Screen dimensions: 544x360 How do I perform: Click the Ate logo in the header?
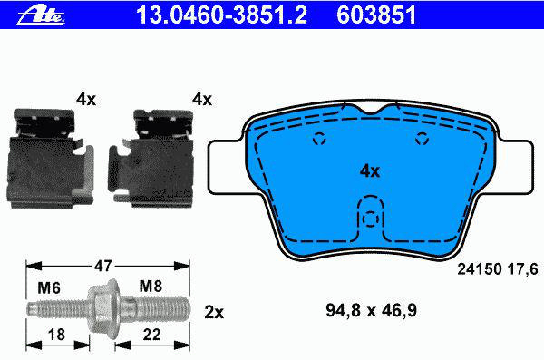point(41,15)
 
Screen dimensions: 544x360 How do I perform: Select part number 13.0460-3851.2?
point(222,15)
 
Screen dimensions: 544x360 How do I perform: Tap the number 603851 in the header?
point(376,15)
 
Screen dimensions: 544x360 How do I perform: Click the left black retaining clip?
point(50,159)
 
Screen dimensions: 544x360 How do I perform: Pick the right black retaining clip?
point(151,159)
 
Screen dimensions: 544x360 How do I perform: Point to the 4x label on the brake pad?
point(370,171)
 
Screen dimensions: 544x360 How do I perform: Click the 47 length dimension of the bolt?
point(103,266)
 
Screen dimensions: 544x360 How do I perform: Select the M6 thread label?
point(49,287)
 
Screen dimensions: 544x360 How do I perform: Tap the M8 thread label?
point(151,287)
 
